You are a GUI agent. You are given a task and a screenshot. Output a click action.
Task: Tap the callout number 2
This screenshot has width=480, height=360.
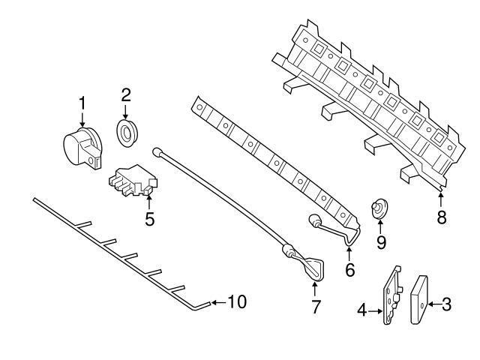coord(126,95)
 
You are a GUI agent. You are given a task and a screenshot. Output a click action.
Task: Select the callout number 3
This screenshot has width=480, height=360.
coord(446,304)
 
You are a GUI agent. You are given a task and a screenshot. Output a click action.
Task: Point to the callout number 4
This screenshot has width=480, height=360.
coord(361,308)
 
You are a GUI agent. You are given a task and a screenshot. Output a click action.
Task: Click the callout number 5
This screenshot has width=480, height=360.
coord(149,219)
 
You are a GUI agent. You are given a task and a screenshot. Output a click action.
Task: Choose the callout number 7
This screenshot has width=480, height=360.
coord(316,306)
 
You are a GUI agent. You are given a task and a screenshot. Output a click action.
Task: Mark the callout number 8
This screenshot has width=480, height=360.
coord(441,217)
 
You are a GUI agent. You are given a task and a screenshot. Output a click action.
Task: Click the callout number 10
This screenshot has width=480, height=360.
coord(236,302)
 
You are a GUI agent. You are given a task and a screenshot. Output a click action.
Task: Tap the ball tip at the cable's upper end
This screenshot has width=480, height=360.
coord(158,151)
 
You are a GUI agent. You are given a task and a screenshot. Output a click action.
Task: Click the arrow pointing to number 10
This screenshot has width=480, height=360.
coord(217,302)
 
